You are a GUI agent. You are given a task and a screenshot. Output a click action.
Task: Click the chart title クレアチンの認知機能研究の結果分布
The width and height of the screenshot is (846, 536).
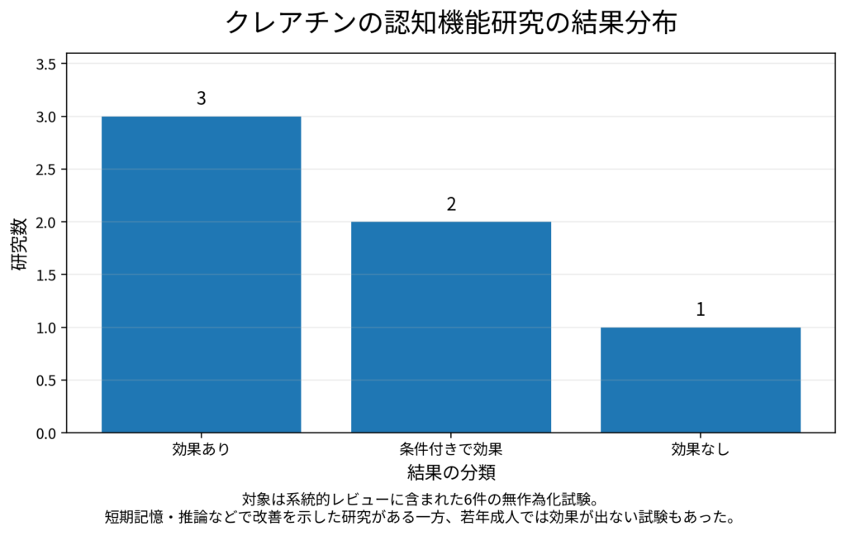tap(451, 23)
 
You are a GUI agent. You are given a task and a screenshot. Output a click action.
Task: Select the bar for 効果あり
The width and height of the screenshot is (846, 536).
tap(201, 274)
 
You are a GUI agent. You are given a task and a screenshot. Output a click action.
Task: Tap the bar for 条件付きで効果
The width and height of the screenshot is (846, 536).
tap(451, 327)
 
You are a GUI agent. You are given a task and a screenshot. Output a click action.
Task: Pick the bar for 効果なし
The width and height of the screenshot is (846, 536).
tap(701, 380)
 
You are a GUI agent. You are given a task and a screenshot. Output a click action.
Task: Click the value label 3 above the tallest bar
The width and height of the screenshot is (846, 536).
tap(201, 98)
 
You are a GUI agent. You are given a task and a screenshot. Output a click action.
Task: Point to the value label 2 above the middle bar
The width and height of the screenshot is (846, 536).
tap(451, 204)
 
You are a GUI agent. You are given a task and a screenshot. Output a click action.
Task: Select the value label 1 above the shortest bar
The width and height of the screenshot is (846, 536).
tap(701, 310)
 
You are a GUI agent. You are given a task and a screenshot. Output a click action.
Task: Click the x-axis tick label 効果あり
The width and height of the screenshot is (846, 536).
tap(201, 450)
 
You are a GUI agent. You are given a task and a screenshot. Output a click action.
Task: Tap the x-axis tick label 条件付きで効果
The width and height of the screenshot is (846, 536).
tap(451, 450)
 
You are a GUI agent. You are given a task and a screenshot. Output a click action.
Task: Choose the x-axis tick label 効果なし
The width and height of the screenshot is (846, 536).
tap(701, 450)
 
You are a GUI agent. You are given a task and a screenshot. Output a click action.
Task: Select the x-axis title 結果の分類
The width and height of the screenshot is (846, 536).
tap(451, 473)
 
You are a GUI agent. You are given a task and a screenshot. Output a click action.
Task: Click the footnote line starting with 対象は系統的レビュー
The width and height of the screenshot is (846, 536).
tap(420, 500)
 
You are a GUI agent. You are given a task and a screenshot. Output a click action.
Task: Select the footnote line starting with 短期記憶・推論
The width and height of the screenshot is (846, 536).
tap(420, 518)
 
